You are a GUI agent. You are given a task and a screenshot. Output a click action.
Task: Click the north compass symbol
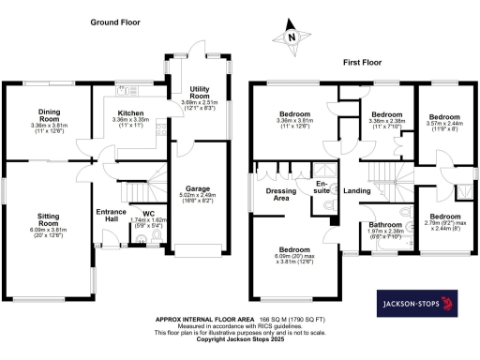tap(292, 37)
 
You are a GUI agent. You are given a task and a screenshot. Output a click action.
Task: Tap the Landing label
tap(356, 192)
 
